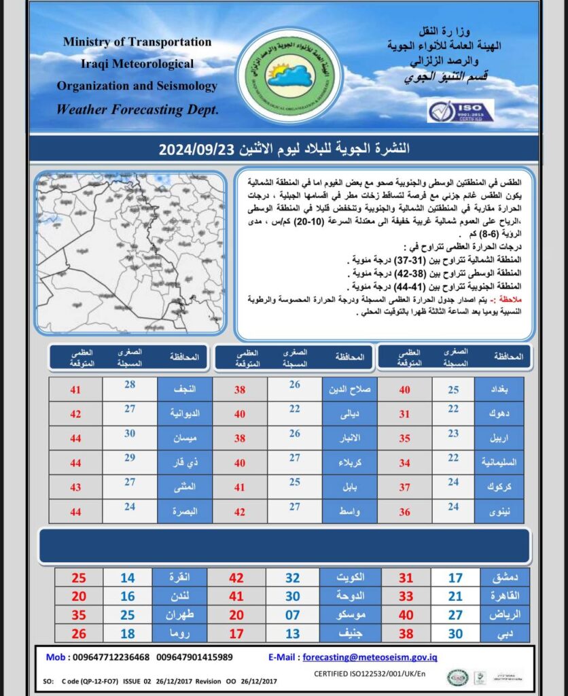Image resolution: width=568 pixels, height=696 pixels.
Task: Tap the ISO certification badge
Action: pyautogui.click(x=460, y=110)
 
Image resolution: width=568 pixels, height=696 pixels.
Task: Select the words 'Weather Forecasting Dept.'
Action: pyautogui.click(x=137, y=109)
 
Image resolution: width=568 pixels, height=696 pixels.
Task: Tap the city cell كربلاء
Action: pyautogui.click(x=347, y=462)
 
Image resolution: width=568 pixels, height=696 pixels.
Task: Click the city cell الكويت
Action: pyautogui.click(x=347, y=578)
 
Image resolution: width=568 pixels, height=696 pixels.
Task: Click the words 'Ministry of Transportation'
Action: pyautogui.click(x=137, y=41)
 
